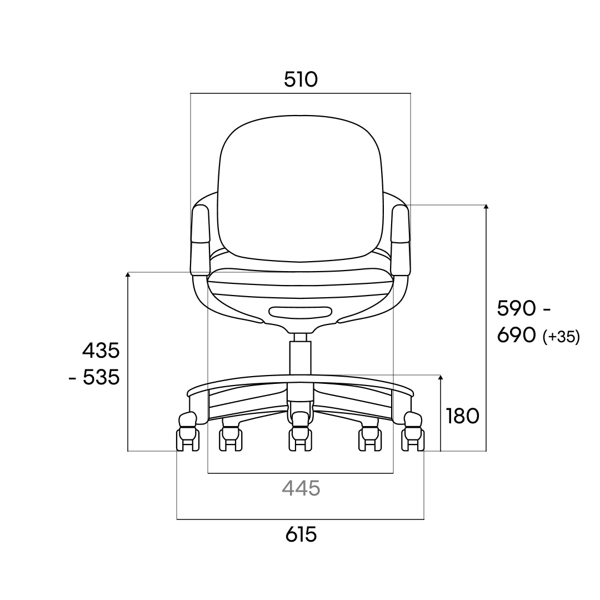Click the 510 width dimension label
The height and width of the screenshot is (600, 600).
(301, 79)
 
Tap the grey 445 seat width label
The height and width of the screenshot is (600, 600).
(301, 488)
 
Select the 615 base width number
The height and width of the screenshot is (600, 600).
(301, 534)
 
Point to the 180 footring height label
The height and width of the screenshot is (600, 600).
(463, 416)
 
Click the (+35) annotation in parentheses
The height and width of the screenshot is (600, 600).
(561, 337)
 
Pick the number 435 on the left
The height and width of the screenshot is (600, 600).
(101, 351)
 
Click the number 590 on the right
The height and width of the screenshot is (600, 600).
(516, 308)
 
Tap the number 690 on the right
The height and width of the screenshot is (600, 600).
(516, 335)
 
